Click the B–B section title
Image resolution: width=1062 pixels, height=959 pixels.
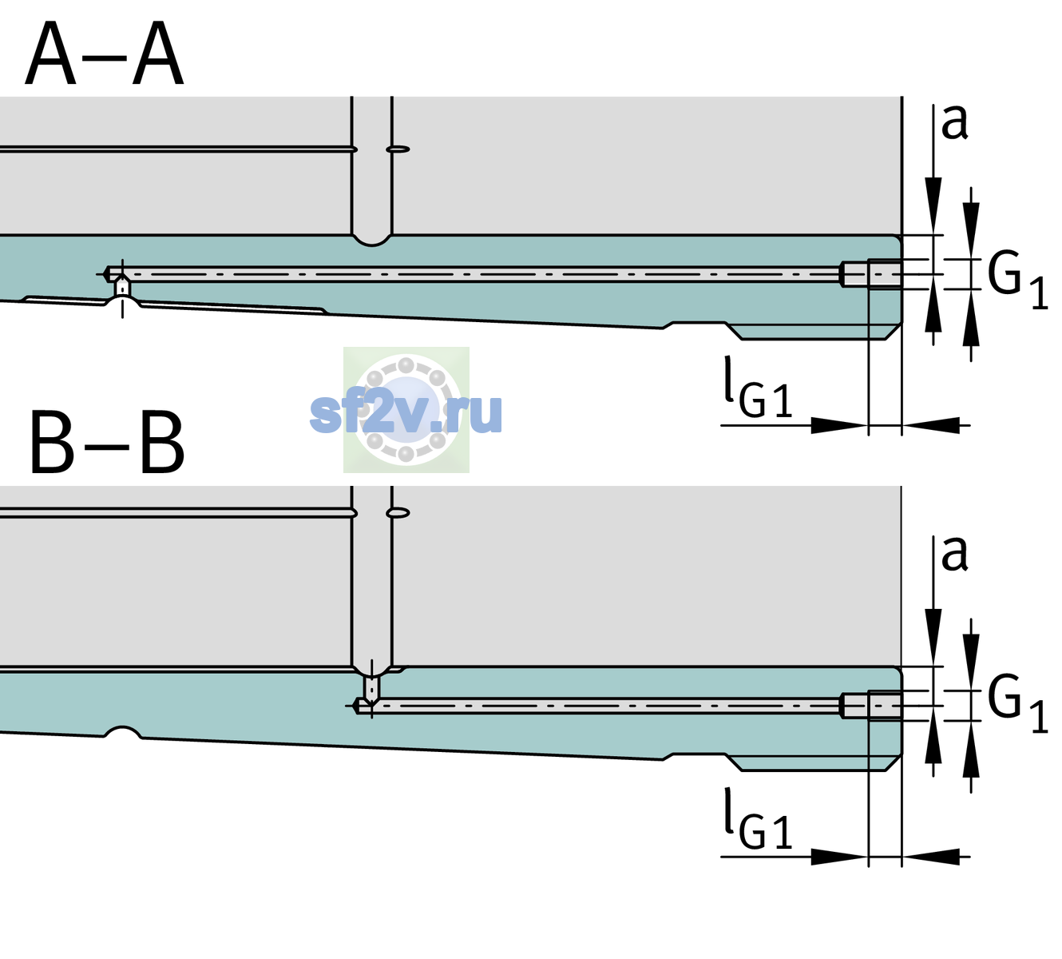tap(108, 442)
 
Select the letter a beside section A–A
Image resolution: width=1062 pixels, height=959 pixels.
tap(954, 122)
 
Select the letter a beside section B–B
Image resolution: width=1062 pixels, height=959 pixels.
tap(954, 554)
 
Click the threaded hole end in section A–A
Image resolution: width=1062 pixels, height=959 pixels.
tap(871, 274)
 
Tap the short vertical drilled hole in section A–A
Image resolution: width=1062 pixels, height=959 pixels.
tap(122, 288)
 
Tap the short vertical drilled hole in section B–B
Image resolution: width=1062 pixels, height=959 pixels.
tap(372, 687)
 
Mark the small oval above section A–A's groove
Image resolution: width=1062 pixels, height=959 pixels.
tap(398, 149)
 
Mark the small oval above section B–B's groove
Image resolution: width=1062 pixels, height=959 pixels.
tap(398, 513)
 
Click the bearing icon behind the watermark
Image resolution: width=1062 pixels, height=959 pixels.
tap(406, 409)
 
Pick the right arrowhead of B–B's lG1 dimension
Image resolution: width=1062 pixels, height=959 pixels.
tap(931, 857)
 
